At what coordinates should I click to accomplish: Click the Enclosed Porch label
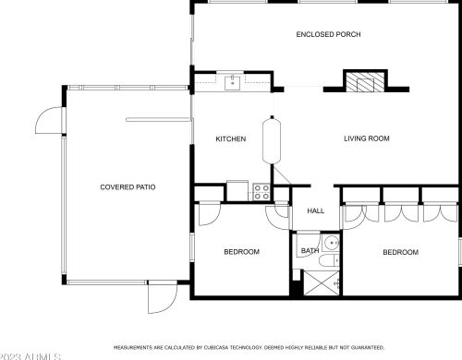coord(328,34)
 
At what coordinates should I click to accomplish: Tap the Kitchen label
coord(231,139)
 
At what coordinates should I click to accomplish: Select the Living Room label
coord(367,138)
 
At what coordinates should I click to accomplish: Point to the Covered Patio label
coord(128,187)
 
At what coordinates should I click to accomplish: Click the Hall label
coord(316,210)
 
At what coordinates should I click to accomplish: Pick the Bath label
coord(310,251)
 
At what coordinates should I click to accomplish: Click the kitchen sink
coord(232,83)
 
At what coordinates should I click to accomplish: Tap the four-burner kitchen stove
coord(261,192)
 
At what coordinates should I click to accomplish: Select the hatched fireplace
coord(365,82)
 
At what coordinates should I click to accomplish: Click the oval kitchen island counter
coord(272,140)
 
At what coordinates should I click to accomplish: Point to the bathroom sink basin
coord(332,243)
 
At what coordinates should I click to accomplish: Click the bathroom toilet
coord(329,261)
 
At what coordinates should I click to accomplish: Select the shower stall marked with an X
coord(322,282)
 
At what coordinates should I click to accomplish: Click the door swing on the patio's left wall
coord(49,120)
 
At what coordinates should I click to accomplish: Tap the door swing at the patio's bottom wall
coord(163,298)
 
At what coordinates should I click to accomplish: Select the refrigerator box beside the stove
coord(237,190)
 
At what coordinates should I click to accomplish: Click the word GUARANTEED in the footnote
coord(368,348)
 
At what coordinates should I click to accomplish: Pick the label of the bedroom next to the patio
coord(242,252)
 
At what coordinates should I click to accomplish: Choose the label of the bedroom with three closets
coord(400,252)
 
